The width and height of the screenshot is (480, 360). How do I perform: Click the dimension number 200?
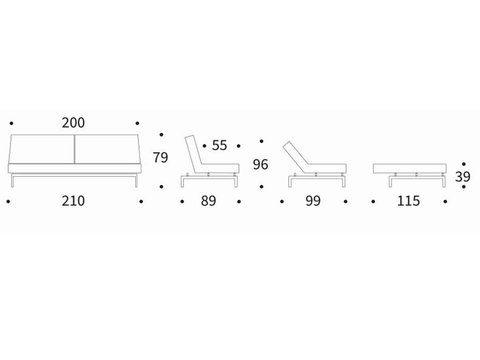point(73,123)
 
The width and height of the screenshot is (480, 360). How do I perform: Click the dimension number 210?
point(73,201)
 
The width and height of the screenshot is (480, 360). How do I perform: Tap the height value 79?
point(160,157)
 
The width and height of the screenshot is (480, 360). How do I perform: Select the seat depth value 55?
point(219,145)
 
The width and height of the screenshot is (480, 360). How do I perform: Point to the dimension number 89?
point(208,201)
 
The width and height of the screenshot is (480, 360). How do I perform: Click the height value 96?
point(260,164)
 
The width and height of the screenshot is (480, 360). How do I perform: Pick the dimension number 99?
point(313,201)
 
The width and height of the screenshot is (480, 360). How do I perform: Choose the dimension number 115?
point(408,201)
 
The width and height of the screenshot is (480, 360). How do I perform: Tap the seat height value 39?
point(462,177)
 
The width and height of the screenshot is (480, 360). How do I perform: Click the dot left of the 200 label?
point(11,123)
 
